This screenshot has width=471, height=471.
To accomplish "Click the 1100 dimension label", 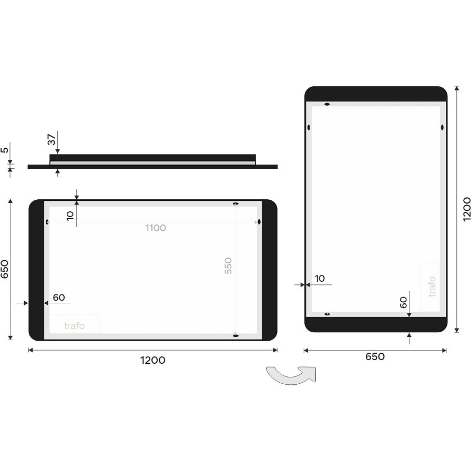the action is pos(156,228).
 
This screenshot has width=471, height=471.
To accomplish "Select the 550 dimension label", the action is pos(228,265).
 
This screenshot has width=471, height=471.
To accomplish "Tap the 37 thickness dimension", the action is pos(52,140).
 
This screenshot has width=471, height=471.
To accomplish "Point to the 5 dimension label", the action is pos(5,150).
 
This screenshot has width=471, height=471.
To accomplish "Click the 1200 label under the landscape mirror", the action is pos(152,360).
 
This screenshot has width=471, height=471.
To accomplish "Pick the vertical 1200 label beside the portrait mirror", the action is pos(466,209).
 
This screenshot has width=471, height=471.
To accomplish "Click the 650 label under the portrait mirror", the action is pos(375,356).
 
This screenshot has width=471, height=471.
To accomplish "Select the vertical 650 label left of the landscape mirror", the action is pos(5,269).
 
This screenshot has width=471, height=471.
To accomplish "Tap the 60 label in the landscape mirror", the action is pos(59,298).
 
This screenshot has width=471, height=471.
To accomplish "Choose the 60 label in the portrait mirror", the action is pos(403,302).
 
